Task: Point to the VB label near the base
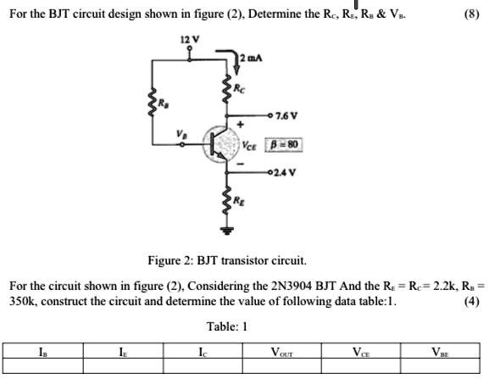tap(181, 134)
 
